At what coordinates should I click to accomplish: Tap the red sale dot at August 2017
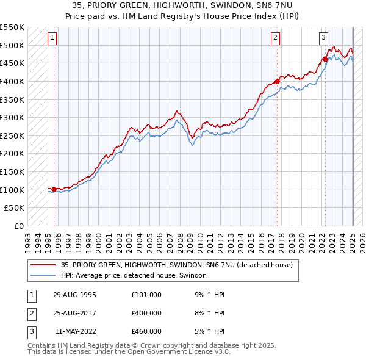tap(277, 81)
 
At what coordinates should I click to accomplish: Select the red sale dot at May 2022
tap(325, 59)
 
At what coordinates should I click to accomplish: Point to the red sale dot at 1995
tap(54, 189)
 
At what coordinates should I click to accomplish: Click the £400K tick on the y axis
tap(12, 81)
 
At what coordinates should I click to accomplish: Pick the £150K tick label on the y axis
tap(12, 171)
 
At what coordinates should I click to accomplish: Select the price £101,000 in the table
tap(146, 294)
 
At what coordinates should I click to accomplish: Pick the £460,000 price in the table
tap(146, 331)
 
